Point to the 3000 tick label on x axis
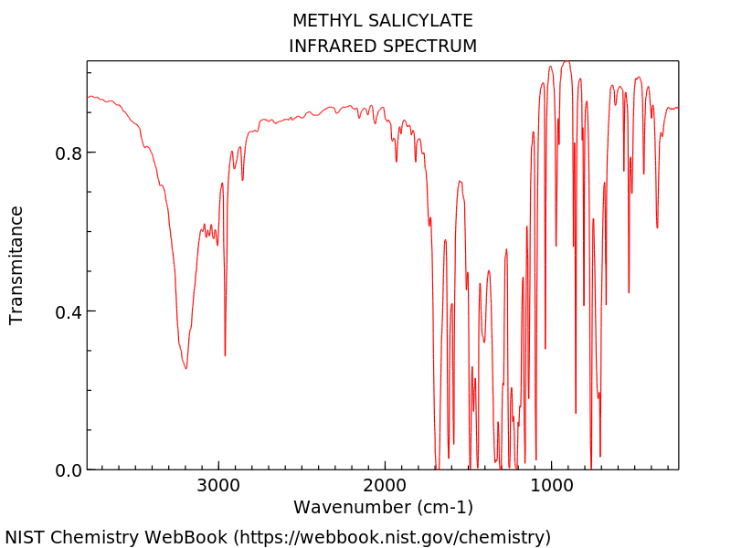click(218, 485)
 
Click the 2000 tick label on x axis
click(385, 485)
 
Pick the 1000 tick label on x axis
click(551, 485)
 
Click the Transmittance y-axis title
click(16, 265)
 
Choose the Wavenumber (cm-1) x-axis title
click(383, 507)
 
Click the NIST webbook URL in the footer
click(393, 537)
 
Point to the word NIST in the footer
click(25, 537)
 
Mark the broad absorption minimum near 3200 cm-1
click(185, 368)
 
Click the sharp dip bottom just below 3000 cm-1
click(225, 355)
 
